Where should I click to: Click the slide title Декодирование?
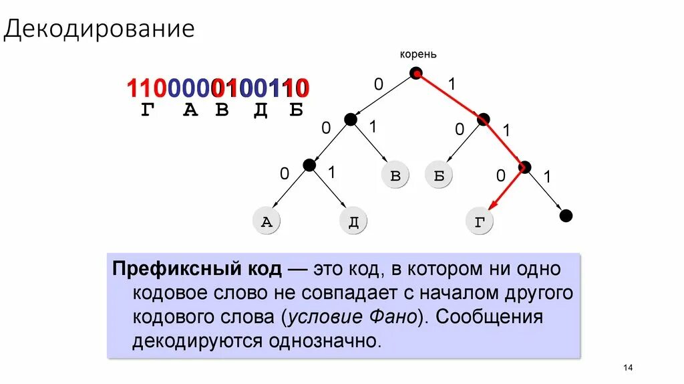coord(100,30)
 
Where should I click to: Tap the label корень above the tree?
coord(418,55)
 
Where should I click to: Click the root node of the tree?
coord(416,74)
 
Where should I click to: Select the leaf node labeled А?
coord(267,222)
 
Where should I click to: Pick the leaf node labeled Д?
coord(353,222)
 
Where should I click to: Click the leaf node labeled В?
coord(395,175)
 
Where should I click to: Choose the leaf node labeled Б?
coord(439,175)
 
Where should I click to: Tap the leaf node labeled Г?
coord(480,222)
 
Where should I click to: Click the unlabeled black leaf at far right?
coord(566,215)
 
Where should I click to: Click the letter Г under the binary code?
coord(147,110)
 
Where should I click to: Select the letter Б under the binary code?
coord(296,110)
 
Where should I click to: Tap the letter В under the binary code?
coord(222,110)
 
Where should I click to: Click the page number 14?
coord(627,367)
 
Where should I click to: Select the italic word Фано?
coord(395,316)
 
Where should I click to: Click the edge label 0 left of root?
coord(379,84)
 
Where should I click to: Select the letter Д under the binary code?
coord(261,110)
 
